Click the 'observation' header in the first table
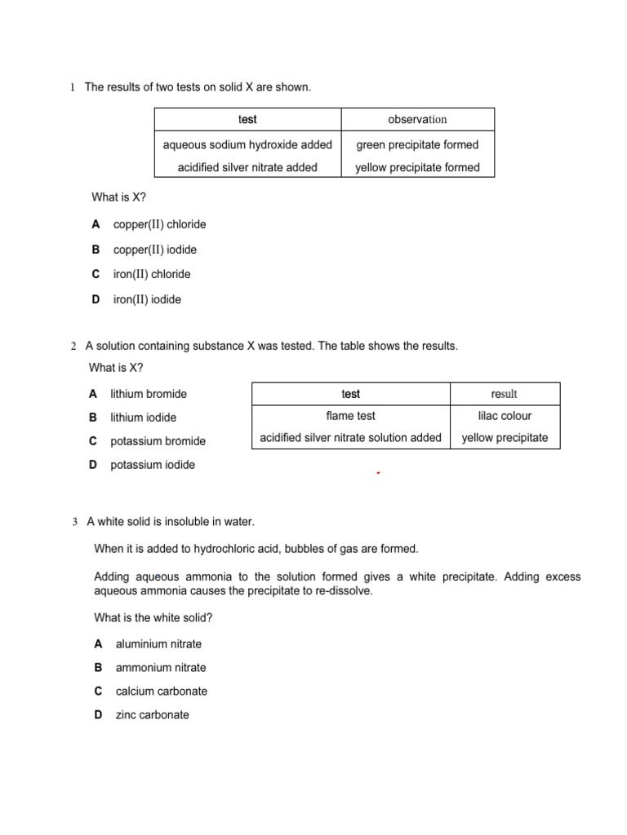point(417,119)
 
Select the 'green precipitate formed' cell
point(417,145)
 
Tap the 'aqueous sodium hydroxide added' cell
point(247,145)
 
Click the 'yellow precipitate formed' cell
point(417,168)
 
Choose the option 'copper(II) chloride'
point(160,224)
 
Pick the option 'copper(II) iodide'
point(155,250)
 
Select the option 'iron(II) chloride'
point(152,274)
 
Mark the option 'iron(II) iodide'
point(147,299)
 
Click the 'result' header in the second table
point(505,394)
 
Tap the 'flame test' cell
point(350,416)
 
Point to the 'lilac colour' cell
point(505,416)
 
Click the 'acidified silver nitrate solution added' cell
point(350,438)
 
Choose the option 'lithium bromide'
point(148,394)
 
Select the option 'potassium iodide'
point(153,465)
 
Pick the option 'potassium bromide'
point(158,441)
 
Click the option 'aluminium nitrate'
point(158,644)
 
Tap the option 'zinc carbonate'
point(152,715)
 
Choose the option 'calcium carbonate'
point(162,691)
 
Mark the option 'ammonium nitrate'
point(161,668)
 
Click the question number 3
point(75,522)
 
